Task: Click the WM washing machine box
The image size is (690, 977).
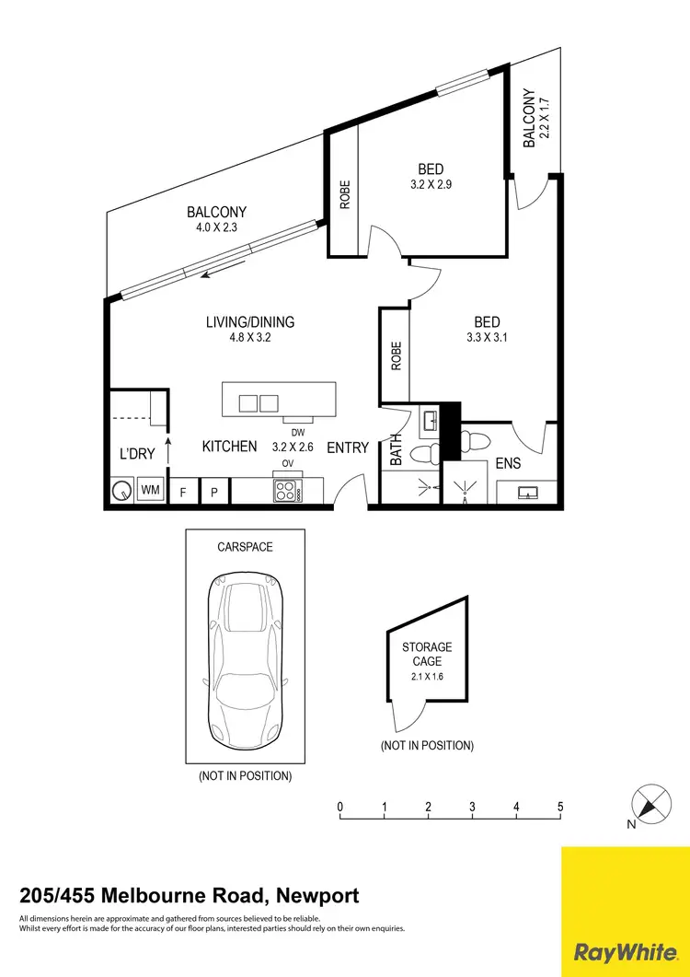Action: (x=150, y=491)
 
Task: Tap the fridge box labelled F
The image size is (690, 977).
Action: (x=183, y=492)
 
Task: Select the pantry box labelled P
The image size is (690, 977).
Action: (x=214, y=492)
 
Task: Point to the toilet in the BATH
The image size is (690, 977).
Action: (x=424, y=454)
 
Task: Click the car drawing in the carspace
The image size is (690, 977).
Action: (x=245, y=647)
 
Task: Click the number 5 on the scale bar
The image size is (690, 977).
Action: (x=560, y=808)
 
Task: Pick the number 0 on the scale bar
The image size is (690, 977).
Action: (x=340, y=808)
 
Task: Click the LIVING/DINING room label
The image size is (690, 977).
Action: (x=250, y=322)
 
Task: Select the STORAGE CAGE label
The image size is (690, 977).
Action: (x=427, y=655)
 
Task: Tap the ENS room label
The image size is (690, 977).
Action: (x=508, y=464)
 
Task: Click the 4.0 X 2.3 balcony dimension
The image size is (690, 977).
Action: (x=217, y=227)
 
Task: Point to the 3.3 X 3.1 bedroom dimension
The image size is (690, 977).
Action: (x=487, y=337)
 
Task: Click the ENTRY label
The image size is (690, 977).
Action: (x=348, y=448)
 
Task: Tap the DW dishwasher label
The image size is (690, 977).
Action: (x=297, y=433)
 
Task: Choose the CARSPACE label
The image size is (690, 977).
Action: (x=245, y=546)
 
